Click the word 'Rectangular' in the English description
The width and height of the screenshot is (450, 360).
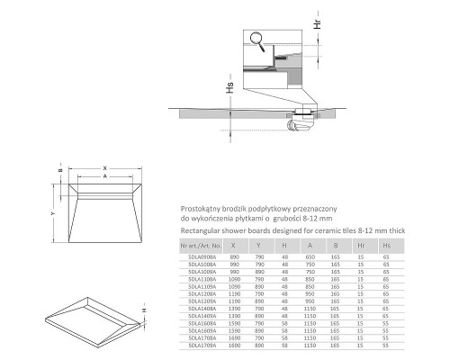tap(201, 229)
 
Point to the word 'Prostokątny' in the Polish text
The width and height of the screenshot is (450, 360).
tap(201, 206)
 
